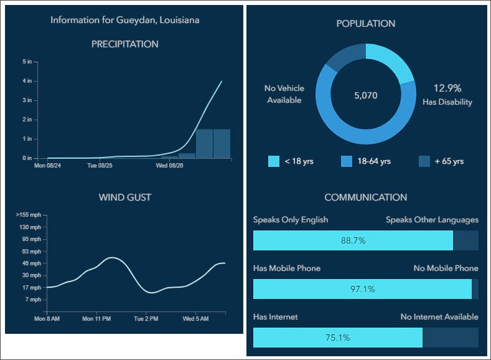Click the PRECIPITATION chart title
click(124, 44)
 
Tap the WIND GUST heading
click(124, 198)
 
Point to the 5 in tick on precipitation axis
click(27, 62)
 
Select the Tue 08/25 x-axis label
click(100, 166)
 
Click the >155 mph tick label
click(28, 215)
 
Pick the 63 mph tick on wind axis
click(30, 251)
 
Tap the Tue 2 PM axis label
click(146, 318)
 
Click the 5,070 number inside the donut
click(365, 96)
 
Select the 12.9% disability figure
click(447, 88)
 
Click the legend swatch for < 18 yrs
click(274, 161)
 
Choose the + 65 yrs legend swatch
click(424, 161)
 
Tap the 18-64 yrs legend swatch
click(347, 161)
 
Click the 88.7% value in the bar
click(353, 240)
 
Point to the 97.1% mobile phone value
click(362, 289)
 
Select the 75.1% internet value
click(338, 338)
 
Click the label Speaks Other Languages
click(432, 220)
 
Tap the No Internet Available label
click(439, 317)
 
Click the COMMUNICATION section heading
click(365, 197)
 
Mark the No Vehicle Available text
click(284, 94)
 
